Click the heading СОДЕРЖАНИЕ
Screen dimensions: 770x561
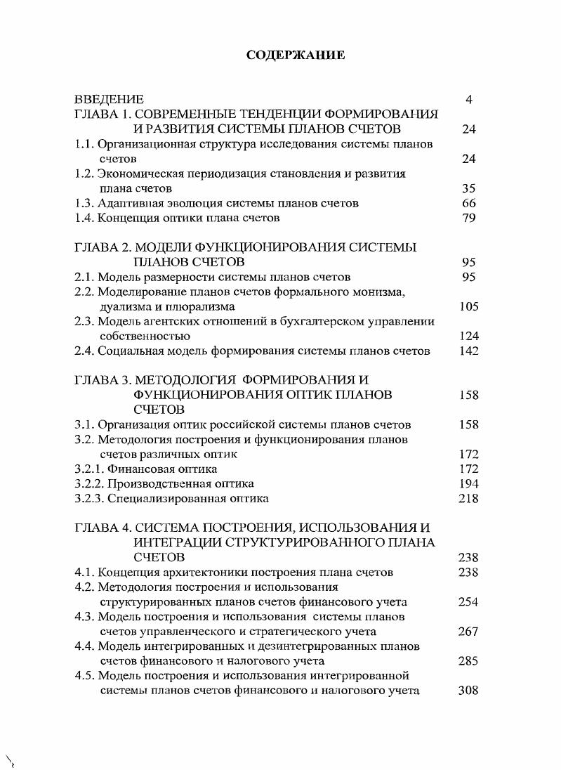point(296,55)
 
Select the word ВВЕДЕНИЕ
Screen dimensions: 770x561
point(110,99)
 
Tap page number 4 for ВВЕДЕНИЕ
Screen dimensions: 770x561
point(469,99)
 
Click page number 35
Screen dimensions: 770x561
point(469,188)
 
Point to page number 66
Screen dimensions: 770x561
point(469,203)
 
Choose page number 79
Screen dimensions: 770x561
point(469,218)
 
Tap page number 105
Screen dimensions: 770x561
point(468,306)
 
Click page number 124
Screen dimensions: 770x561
point(468,336)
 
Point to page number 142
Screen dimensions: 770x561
point(468,351)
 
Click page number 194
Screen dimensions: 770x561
point(468,483)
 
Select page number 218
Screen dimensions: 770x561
point(468,498)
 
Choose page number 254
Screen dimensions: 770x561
point(468,601)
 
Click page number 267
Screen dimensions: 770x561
point(468,631)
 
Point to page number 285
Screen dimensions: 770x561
point(468,660)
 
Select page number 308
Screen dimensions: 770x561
point(468,690)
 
